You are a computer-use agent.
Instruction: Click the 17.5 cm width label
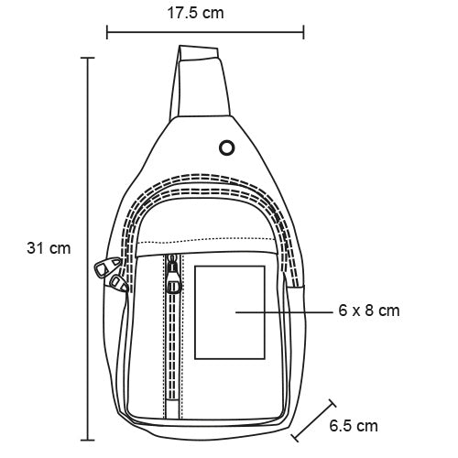195,13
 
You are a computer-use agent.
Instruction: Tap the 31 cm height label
49,248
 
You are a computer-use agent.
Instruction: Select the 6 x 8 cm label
369,311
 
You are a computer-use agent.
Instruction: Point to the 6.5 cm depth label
354,426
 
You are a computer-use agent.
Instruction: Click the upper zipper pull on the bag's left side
106,267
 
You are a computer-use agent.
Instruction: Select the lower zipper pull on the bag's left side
118,283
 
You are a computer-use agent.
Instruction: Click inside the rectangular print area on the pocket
230,312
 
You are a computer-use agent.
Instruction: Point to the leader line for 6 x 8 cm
284,312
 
